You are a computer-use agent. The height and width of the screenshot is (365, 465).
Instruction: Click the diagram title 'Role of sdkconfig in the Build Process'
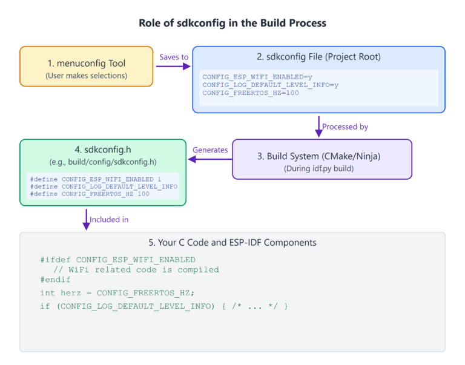coord(232,23)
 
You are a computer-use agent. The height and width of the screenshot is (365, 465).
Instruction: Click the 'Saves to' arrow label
coord(174,56)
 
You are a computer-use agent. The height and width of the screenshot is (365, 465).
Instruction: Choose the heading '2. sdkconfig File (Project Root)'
coord(318,57)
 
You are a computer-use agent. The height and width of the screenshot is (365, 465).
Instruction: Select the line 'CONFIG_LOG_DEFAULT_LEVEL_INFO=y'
coord(270,85)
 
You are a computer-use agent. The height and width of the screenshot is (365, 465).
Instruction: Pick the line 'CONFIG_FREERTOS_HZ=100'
coord(250,93)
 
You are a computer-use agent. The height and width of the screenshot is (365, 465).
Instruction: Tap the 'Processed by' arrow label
coord(345,127)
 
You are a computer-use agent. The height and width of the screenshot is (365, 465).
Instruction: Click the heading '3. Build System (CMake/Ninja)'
coord(322,156)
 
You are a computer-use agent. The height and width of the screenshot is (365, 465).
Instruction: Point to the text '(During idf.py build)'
coord(322,169)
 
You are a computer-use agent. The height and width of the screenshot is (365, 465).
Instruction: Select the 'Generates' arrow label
coord(210,150)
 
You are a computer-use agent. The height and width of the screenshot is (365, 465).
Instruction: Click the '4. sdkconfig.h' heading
coord(102,150)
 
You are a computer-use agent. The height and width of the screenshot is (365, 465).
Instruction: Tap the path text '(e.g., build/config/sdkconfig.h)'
coord(102,162)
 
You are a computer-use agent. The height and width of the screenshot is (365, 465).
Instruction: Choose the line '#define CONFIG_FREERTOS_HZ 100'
coord(89,194)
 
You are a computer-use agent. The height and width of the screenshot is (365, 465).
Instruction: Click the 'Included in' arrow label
coord(109,219)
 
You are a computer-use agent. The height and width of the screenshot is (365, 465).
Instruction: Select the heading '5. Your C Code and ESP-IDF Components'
coord(232,243)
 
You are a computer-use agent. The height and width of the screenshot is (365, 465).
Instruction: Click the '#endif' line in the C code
coord(56,280)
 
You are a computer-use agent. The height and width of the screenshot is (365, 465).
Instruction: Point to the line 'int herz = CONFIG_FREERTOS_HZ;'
coord(117,293)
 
